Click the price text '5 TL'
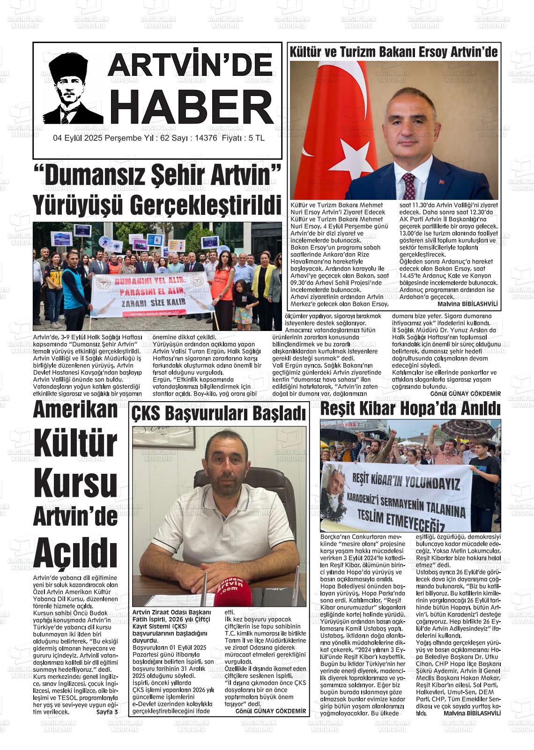click(257, 139)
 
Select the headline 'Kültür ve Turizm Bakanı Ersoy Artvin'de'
click(393, 51)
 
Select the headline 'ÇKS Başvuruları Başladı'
click(218, 414)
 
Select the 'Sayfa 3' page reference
click(107, 712)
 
